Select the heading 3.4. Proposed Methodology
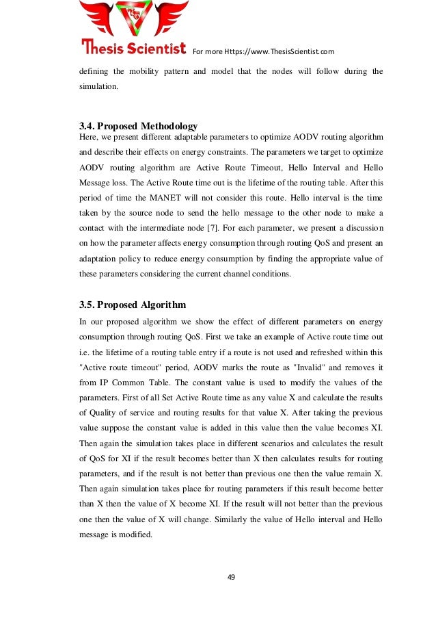click(139, 126)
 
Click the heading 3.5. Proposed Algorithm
click(133, 305)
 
